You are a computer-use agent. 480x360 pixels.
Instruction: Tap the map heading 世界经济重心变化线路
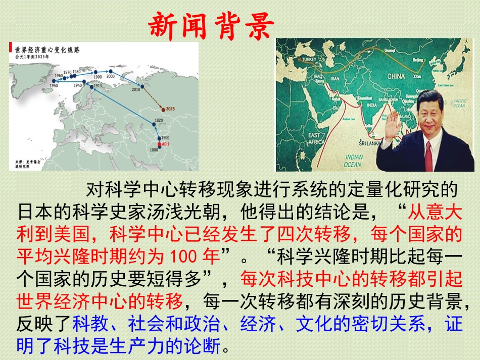pyautogui.click(x=50, y=49)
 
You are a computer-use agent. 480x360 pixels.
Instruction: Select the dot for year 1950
pyautogui.click(x=54, y=80)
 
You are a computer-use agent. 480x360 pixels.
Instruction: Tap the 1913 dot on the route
pyautogui.click(x=91, y=87)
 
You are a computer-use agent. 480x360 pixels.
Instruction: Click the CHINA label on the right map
pyautogui.click(x=396, y=76)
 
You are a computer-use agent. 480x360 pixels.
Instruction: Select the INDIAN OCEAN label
pyautogui.click(x=353, y=161)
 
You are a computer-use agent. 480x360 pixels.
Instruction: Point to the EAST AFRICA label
pyautogui.click(x=315, y=139)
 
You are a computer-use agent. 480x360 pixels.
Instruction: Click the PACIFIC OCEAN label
pyautogui.click(x=459, y=103)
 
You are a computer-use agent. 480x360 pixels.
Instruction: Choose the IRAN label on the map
pyautogui.click(x=334, y=78)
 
